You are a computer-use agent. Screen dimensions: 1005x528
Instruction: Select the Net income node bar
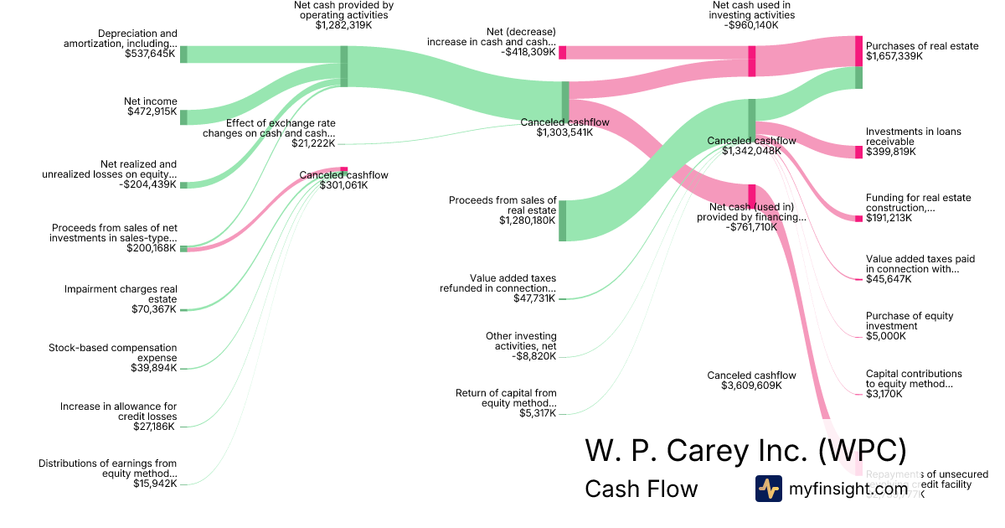[183, 116]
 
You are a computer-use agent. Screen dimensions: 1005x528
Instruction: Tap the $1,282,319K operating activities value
[343, 25]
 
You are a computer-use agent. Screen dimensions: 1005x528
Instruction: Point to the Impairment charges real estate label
[121, 294]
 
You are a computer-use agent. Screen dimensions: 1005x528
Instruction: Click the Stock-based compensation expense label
[112, 352]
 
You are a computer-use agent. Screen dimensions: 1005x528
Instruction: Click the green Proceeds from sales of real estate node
[563, 220]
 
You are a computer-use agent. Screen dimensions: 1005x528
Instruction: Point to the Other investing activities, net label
[521, 341]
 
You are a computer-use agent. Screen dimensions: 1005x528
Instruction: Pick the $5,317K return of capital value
[537, 413]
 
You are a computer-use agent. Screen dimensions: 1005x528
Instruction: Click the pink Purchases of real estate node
[858, 51]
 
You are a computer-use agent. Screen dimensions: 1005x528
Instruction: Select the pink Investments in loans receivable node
[858, 152]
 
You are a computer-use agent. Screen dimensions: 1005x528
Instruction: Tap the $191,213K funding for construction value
[890, 219]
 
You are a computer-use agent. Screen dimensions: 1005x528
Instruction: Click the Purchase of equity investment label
[910, 321]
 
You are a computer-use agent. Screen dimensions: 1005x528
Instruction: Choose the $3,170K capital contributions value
[885, 394]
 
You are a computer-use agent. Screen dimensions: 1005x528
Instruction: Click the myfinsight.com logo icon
[768, 489]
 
